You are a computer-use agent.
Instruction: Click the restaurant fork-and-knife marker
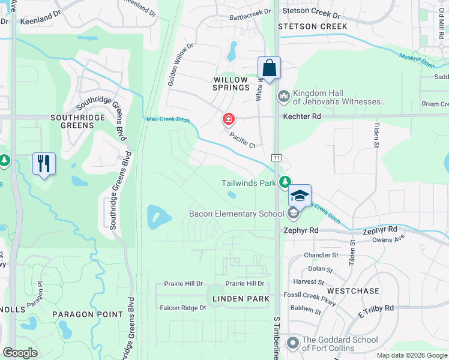[x=44, y=163]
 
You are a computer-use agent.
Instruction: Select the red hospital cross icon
[x=228, y=119]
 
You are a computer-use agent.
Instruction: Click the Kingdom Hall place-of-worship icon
[x=283, y=96]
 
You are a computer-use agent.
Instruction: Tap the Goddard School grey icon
[x=293, y=343]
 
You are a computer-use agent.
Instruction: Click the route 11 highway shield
[x=277, y=156]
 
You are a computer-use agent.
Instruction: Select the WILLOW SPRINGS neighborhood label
[x=231, y=83]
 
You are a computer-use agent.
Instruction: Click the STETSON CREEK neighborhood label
[x=313, y=26]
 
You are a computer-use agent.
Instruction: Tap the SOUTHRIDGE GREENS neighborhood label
[x=81, y=121]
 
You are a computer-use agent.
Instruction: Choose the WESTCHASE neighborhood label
[x=354, y=291]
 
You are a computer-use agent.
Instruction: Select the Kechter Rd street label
[x=303, y=115]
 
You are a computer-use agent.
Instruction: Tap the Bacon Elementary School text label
[x=236, y=214]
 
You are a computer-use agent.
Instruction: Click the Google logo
[x=20, y=353]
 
